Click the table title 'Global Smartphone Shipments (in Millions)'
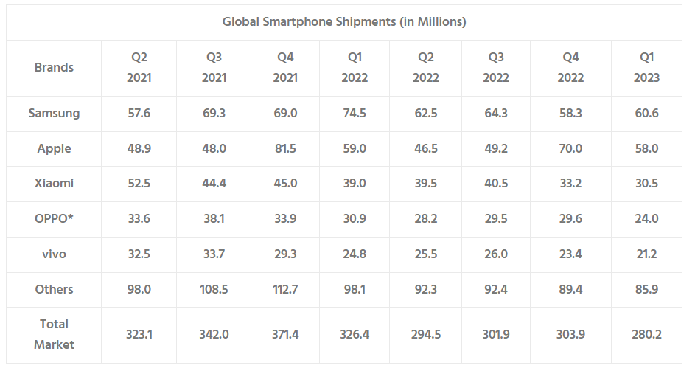tap(344, 22)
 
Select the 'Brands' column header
tap(54, 67)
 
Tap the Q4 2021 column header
tap(286, 67)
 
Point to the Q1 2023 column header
tap(646, 67)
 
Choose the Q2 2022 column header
tap(425, 67)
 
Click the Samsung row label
tap(54, 114)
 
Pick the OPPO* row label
tap(54, 219)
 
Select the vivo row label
tap(54, 254)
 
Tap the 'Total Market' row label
tap(54, 334)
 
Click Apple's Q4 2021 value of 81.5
tap(286, 149)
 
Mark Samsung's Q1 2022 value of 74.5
tap(354, 114)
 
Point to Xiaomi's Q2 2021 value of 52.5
tap(139, 184)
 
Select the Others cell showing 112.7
tap(286, 290)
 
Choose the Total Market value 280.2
tap(646, 335)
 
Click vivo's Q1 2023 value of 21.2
tap(646, 254)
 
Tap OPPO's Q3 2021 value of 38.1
tap(214, 219)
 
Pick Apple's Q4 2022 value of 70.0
tap(570, 149)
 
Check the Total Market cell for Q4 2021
tap(286, 335)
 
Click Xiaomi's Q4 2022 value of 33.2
tap(570, 184)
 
